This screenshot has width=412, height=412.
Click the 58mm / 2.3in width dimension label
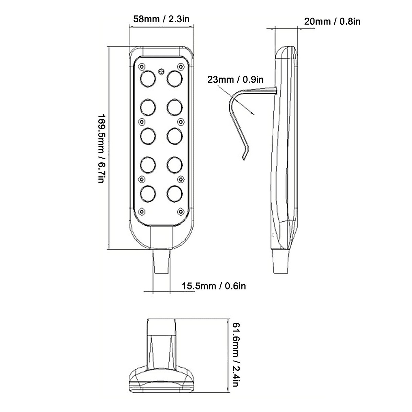click(161, 19)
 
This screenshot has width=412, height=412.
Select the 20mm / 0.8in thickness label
click(332, 21)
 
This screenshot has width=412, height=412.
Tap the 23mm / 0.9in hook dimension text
click(235, 80)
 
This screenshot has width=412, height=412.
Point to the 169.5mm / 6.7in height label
click(102, 148)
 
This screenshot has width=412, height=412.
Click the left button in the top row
click(147, 78)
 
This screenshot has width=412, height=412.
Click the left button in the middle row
click(147, 135)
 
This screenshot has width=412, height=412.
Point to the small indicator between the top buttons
click(161, 71)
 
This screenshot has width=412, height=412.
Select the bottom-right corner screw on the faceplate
click(180, 211)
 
